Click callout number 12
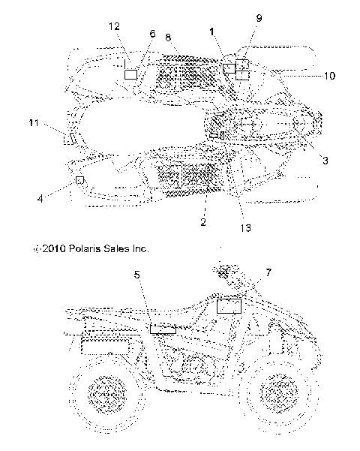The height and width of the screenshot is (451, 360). coord(114,26)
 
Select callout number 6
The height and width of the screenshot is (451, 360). coord(153,34)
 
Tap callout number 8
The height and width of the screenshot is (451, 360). coord(168,37)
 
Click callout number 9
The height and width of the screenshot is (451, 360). coord(259,17)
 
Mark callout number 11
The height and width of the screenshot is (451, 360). coord(34,122)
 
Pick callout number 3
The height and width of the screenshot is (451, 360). coord(325,160)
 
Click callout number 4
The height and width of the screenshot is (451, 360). coord(40,199)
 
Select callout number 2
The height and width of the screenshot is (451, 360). coord(202,222)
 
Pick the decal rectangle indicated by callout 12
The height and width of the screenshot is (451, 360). coord(130,74)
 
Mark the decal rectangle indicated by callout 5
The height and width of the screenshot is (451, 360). coord(163,328)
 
